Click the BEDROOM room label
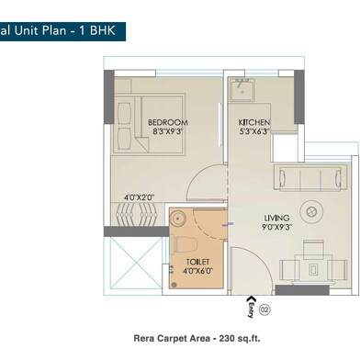tap(168, 122)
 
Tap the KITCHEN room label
tap(253, 122)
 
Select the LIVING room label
tap(251, 219)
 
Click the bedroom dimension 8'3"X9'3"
tap(168, 132)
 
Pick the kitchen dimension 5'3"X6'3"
tap(253, 132)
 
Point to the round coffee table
tap(310, 212)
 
